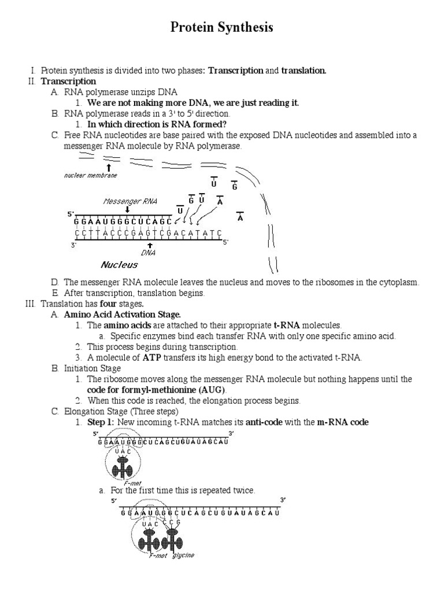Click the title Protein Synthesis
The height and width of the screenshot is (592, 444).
[221, 28]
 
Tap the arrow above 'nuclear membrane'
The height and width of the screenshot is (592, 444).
[109, 167]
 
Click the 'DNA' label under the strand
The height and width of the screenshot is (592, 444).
[149, 252]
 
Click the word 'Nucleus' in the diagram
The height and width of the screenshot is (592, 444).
[119, 265]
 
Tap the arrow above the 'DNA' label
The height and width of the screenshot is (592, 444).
[150, 245]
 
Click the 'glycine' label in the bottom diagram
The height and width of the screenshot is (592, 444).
[183, 555]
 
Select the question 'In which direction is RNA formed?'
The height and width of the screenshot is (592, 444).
[157, 124]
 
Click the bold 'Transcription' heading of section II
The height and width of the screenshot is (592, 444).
[68, 82]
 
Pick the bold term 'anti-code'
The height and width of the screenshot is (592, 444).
[264, 422]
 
